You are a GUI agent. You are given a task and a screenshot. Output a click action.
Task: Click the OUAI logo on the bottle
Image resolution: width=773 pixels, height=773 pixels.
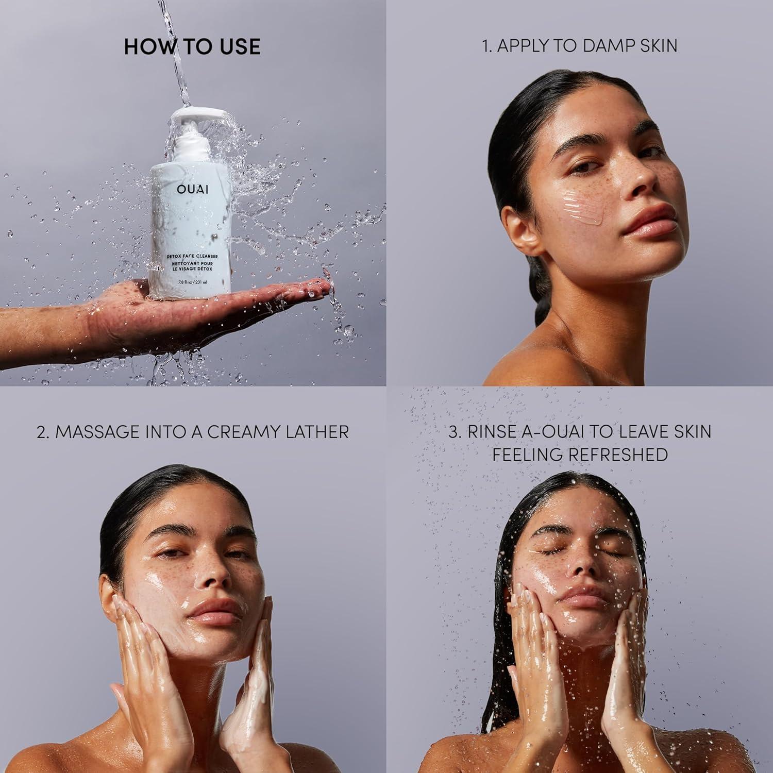(x=193, y=189)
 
